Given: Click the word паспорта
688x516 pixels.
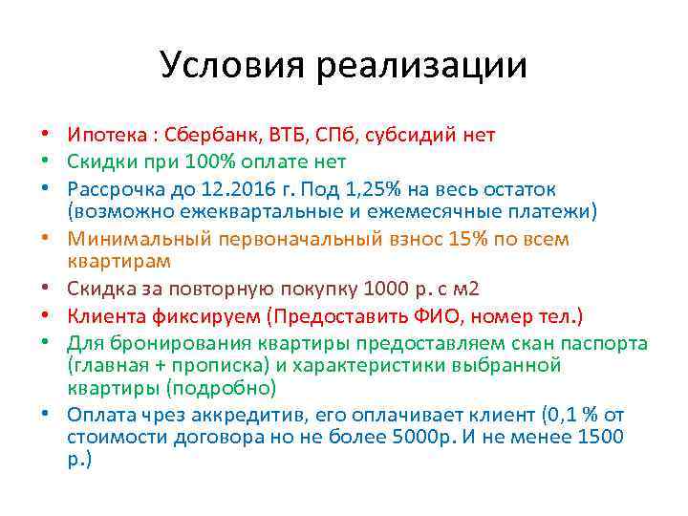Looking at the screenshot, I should [x=602, y=343].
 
